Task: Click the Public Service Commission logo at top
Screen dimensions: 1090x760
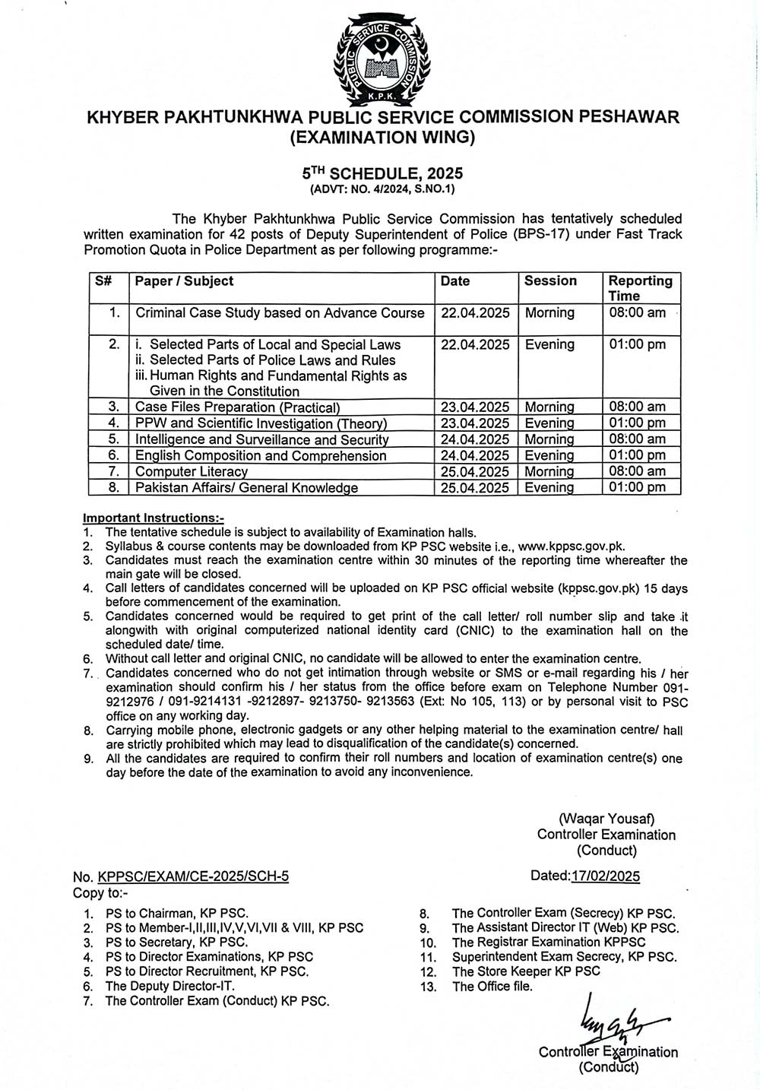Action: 377,61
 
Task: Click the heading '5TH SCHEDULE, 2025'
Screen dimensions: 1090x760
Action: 382,173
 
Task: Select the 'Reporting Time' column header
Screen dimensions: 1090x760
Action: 640,288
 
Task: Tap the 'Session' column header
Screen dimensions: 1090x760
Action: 550,280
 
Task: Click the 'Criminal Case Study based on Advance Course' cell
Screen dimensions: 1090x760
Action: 280,312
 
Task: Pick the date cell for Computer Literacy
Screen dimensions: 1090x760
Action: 475,471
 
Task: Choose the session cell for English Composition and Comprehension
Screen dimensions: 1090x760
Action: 549,455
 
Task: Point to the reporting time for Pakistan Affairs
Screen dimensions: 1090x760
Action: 637,487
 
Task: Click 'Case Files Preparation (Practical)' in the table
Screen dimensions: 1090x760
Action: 237,407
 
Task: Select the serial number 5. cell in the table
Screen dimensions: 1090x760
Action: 114,439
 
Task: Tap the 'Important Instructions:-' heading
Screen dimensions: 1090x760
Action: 154,518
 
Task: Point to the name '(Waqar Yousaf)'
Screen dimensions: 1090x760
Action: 606,819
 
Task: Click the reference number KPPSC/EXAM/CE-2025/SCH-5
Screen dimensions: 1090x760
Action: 193,876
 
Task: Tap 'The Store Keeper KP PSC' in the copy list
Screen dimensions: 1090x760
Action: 526,971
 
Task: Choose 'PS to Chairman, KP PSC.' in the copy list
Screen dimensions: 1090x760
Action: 176,914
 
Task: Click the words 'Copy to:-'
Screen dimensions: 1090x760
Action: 101,892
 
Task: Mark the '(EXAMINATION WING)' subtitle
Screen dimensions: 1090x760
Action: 382,138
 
